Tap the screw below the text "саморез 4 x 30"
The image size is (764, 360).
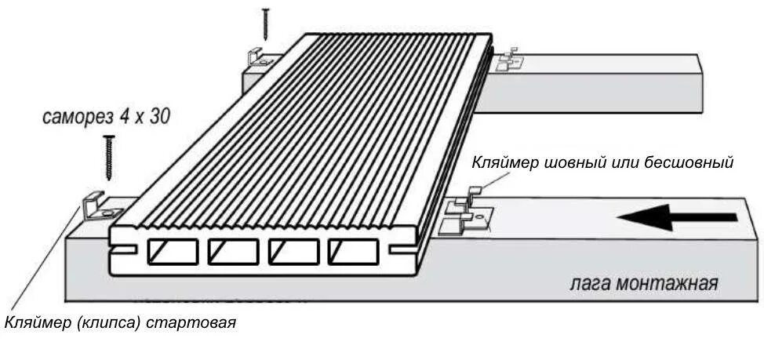[108, 157]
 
